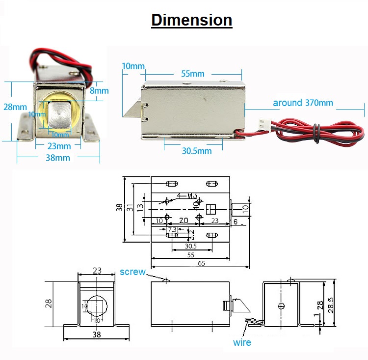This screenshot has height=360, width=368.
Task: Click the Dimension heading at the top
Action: coord(191,20)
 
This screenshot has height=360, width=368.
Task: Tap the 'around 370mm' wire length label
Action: coord(303,103)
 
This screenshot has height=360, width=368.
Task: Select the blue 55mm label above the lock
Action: coord(193,74)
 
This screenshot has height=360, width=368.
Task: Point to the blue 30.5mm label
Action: coord(196,151)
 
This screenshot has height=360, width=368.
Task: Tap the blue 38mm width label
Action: coord(58,158)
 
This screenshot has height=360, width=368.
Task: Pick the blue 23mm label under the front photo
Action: coord(59,146)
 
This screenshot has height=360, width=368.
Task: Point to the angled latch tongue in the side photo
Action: coord(131,109)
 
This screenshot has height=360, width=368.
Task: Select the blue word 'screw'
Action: coord(132,272)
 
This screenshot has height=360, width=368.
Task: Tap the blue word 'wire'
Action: coord(241,342)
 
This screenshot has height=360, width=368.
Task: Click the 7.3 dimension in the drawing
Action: coord(172,229)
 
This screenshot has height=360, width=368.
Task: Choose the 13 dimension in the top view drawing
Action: coord(139,209)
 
